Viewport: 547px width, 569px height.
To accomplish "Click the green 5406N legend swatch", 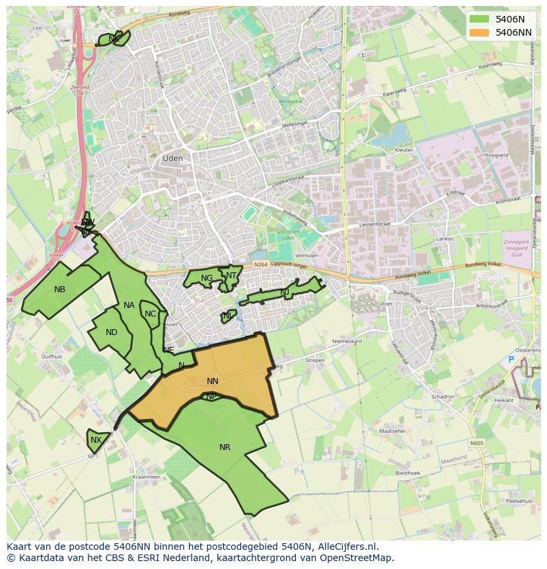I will (480, 19).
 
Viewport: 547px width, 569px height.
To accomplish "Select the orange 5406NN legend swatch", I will (480, 32).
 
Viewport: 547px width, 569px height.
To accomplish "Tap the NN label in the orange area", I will (212, 381).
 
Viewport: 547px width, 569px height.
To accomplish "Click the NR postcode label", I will (225, 447).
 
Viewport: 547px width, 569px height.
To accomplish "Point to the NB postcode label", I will (60, 289).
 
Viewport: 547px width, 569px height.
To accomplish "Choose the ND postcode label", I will (112, 332).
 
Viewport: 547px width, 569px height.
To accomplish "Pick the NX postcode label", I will (96, 440).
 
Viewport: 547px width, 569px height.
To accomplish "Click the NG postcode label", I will (207, 278).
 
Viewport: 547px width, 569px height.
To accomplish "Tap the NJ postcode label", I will (285, 292).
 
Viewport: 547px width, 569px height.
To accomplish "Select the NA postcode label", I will (129, 305).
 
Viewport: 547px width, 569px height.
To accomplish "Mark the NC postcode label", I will (150, 314).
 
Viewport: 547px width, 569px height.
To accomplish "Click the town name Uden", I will (172, 159).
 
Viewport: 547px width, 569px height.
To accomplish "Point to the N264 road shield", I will (261, 265).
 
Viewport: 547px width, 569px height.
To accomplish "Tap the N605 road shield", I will (477, 443).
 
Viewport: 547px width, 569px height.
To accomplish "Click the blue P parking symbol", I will (511, 360).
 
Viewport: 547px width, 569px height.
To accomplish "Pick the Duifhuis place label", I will (52, 356).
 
